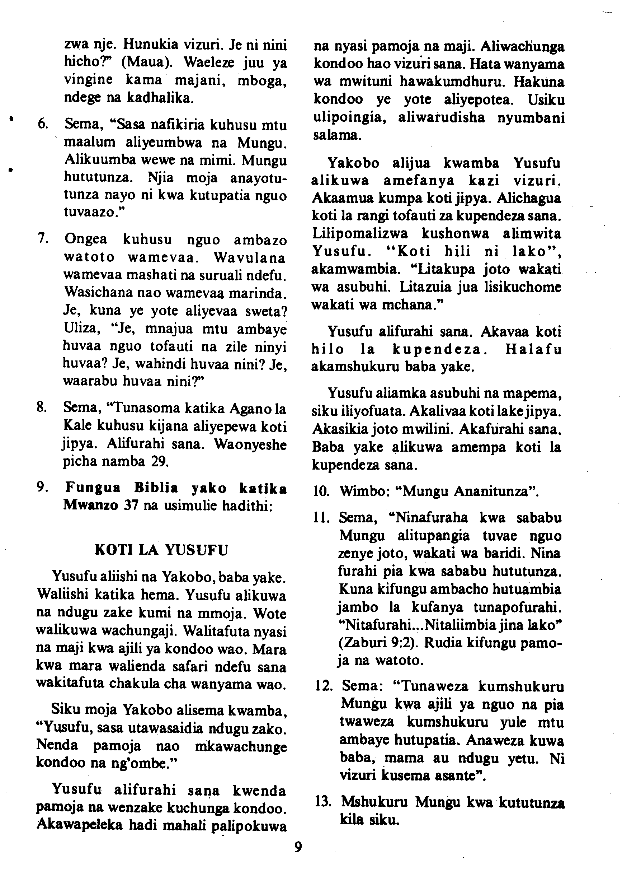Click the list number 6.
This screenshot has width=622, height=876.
(43, 125)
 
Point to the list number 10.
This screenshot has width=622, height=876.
(322, 491)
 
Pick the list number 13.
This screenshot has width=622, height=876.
(323, 802)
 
